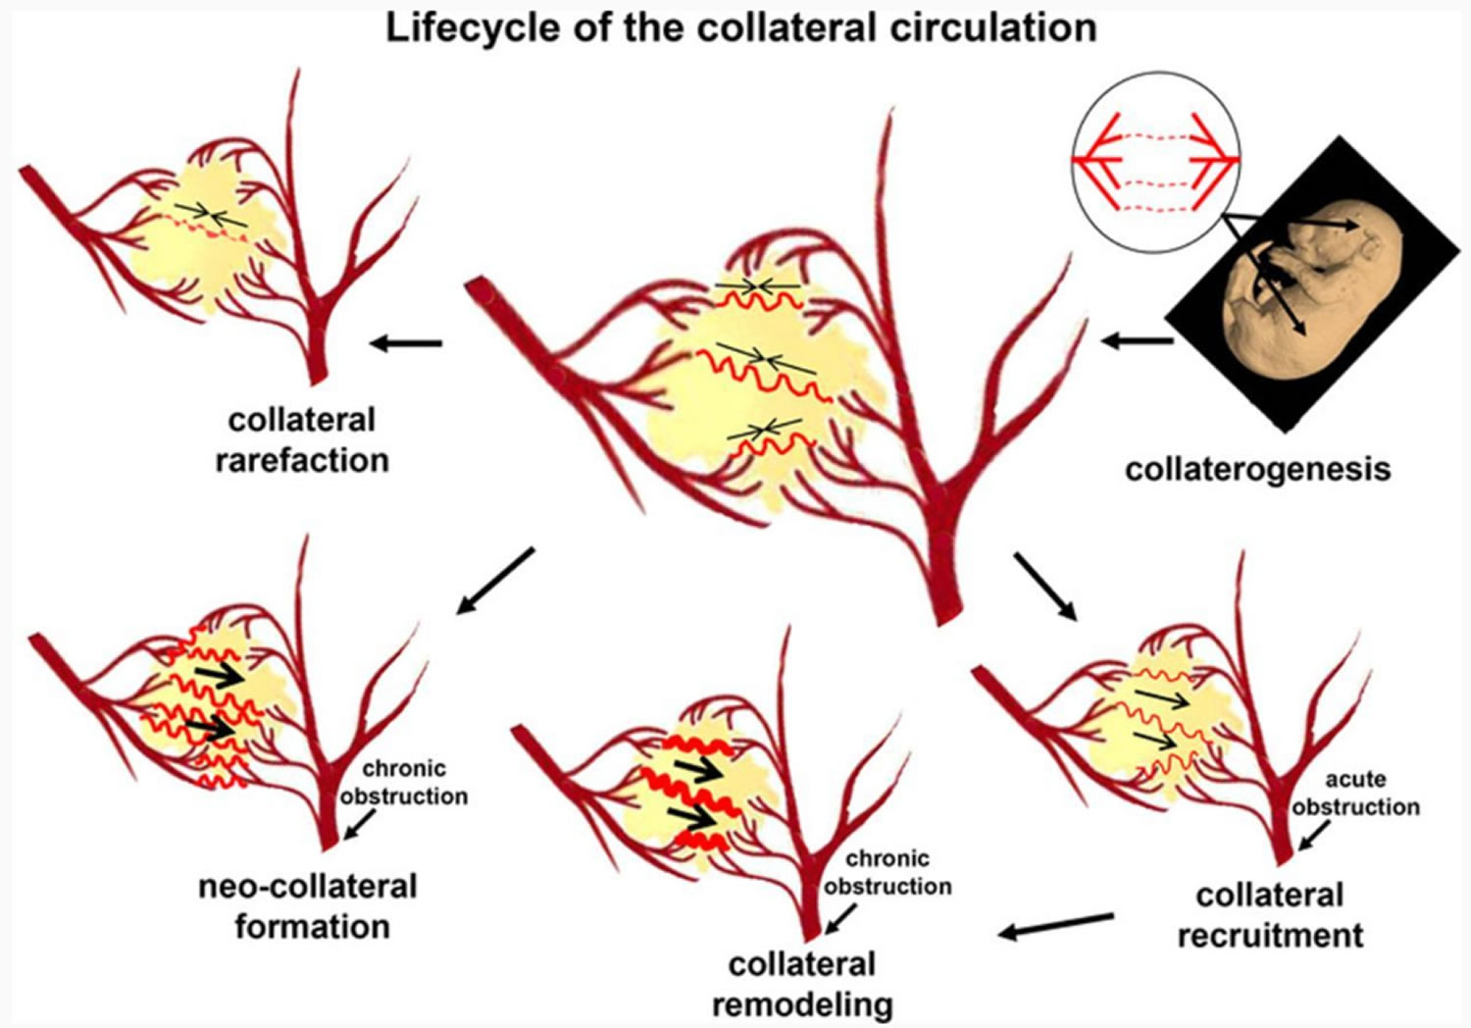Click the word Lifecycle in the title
(x=459, y=27)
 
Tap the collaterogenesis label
(x=1257, y=469)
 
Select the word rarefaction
(x=302, y=460)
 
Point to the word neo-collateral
(x=308, y=887)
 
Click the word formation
(x=312, y=927)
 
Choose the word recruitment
(x=1270, y=935)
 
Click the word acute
(x=1355, y=780)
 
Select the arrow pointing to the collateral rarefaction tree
(x=406, y=343)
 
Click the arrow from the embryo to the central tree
(x=1137, y=341)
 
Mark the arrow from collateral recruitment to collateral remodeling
(x=1056, y=925)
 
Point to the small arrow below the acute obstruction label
(x=1313, y=837)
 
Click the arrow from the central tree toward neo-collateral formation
(x=495, y=581)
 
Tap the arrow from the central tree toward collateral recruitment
(x=1044, y=586)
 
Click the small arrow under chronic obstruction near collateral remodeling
(x=840, y=919)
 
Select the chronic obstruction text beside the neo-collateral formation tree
(x=404, y=782)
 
